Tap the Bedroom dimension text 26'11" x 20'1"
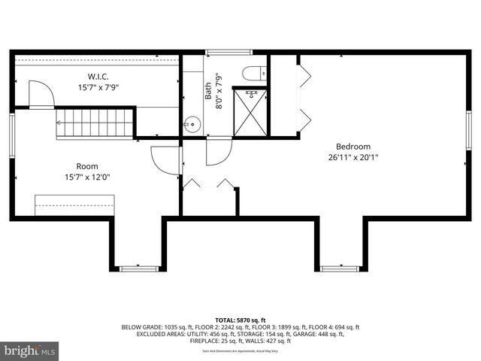click(352, 158)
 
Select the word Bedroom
click(352, 147)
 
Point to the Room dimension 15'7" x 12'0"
click(86, 177)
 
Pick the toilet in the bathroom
click(251, 73)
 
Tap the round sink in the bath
click(192, 125)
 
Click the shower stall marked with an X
click(250, 113)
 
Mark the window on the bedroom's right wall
click(468, 133)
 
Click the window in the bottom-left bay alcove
click(139, 268)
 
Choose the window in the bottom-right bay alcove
click(340, 268)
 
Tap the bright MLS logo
click(30, 350)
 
